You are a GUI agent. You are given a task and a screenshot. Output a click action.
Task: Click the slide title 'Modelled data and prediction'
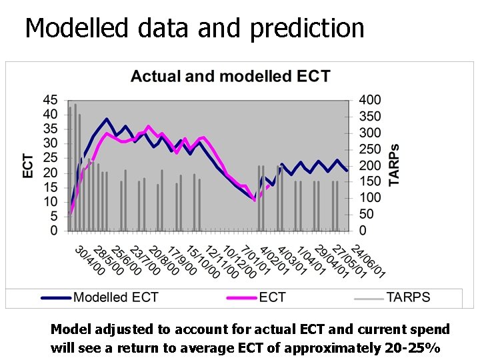click(x=195, y=28)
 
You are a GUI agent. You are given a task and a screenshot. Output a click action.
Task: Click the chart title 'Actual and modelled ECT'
click(x=230, y=76)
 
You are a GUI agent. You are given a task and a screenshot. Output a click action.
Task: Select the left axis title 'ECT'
click(x=29, y=165)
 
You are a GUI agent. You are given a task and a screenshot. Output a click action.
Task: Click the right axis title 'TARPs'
click(x=395, y=165)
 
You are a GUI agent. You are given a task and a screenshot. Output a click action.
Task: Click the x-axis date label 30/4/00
click(x=89, y=259)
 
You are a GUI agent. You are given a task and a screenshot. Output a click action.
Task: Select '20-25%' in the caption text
click(x=415, y=348)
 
